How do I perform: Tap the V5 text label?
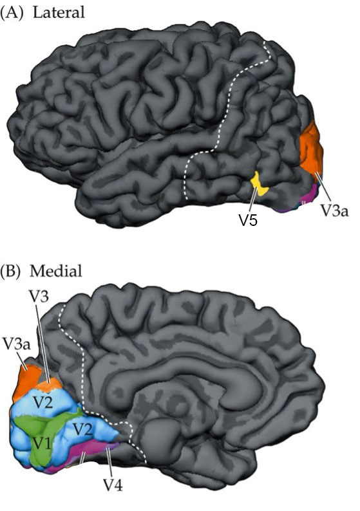point(249,220)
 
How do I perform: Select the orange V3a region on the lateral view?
point(311,149)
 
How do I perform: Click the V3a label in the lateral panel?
point(336,211)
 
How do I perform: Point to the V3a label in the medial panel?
point(16,344)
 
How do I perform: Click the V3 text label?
point(39,296)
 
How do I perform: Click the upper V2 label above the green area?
point(44,403)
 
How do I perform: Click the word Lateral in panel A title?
point(59,12)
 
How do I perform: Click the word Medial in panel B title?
point(56,271)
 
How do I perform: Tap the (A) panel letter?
point(12,13)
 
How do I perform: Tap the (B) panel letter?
point(11,272)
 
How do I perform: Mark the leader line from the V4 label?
point(109,462)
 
